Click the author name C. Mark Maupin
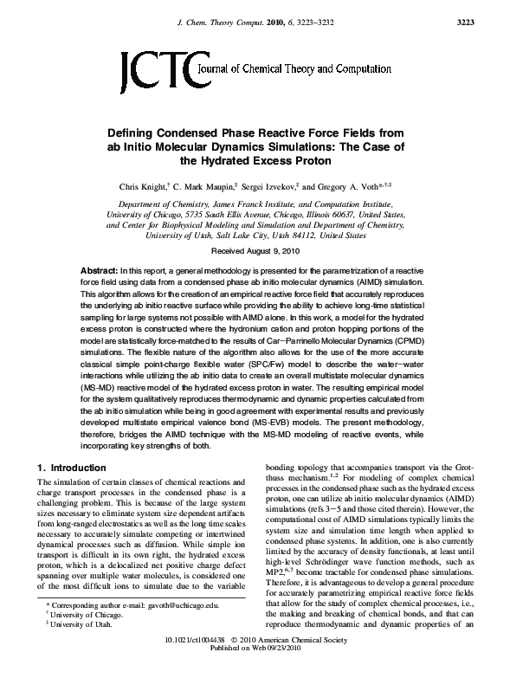tap(205, 186)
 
